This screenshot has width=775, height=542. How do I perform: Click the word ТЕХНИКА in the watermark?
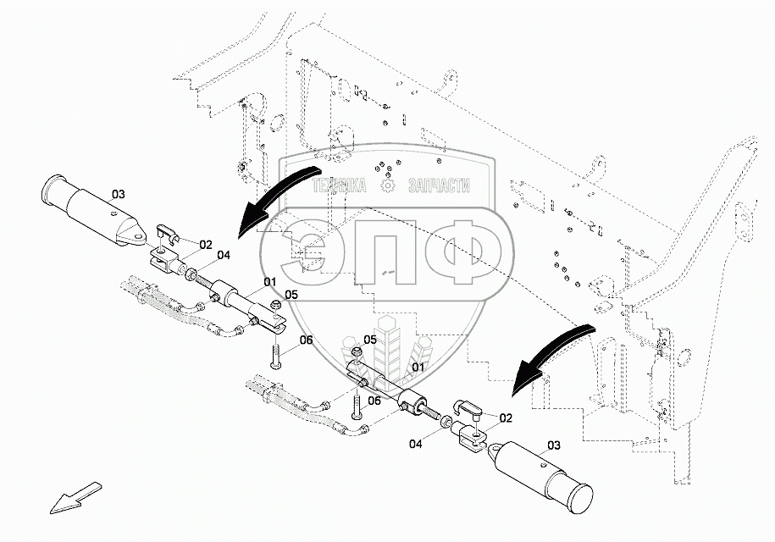tap(339, 185)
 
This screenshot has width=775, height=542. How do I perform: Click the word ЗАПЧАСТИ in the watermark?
tap(439, 185)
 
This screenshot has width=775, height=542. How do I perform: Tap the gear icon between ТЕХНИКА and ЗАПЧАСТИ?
tap(387, 185)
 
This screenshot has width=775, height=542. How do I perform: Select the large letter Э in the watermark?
tap(310, 252)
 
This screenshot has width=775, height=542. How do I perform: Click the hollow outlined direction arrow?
tap(75, 497)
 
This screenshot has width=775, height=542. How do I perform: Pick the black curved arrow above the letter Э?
tap(278, 197)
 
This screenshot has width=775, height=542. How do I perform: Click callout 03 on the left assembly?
tap(118, 194)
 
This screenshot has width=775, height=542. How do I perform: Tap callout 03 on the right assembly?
tap(554, 445)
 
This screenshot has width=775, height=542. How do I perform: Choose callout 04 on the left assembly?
tap(224, 256)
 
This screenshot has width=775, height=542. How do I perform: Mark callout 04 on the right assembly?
tap(416, 444)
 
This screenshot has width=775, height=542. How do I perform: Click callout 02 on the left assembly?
tap(206, 245)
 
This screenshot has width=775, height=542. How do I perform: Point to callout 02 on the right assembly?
tap(506, 418)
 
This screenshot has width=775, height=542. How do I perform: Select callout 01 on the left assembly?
tap(269, 282)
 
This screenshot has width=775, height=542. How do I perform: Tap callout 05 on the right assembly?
tap(370, 340)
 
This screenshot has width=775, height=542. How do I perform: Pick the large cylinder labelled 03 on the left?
tap(93, 210)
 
